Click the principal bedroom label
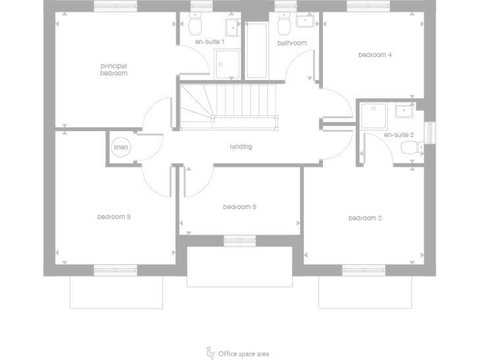click(x=114, y=69)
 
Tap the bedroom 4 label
click(x=375, y=54)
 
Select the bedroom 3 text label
click(x=114, y=217)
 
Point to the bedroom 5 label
click(x=240, y=207)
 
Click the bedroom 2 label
click(x=365, y=217)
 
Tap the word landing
click(x=241, y=147)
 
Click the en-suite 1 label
click(x=210, y=42)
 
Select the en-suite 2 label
click(x=399, y=134)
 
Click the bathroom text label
click(x=292, y=43)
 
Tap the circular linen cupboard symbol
click(x=121, y=147)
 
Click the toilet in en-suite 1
click(x=195, y=25)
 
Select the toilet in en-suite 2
click(x=410, y=148)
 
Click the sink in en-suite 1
click(x=231, y=26)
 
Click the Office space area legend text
click(x=244, y=354)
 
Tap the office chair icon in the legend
click(x=211, y=353)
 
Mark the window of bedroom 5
click(x=239, y=240)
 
